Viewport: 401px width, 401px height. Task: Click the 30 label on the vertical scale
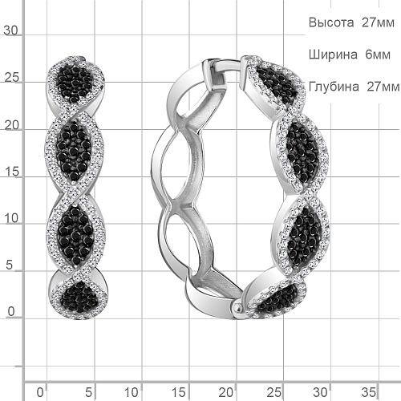[x=10, y=30]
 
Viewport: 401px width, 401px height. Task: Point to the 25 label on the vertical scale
[x=12, y=78]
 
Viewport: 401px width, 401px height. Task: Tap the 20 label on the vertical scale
[x=12, y=125]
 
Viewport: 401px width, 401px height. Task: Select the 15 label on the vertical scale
[x=12, y=172]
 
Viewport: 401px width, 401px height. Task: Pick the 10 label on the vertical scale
[x=11, y=218]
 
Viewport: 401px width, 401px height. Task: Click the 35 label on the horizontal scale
[x=369, y=392]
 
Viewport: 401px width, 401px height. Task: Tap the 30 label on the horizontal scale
[x=321, y=392]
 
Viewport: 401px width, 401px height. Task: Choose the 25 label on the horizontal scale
[x=274, y=392]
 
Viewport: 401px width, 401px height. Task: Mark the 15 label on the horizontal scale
[x=179, y=392]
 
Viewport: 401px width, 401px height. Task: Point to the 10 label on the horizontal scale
[x=132, y=392]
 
